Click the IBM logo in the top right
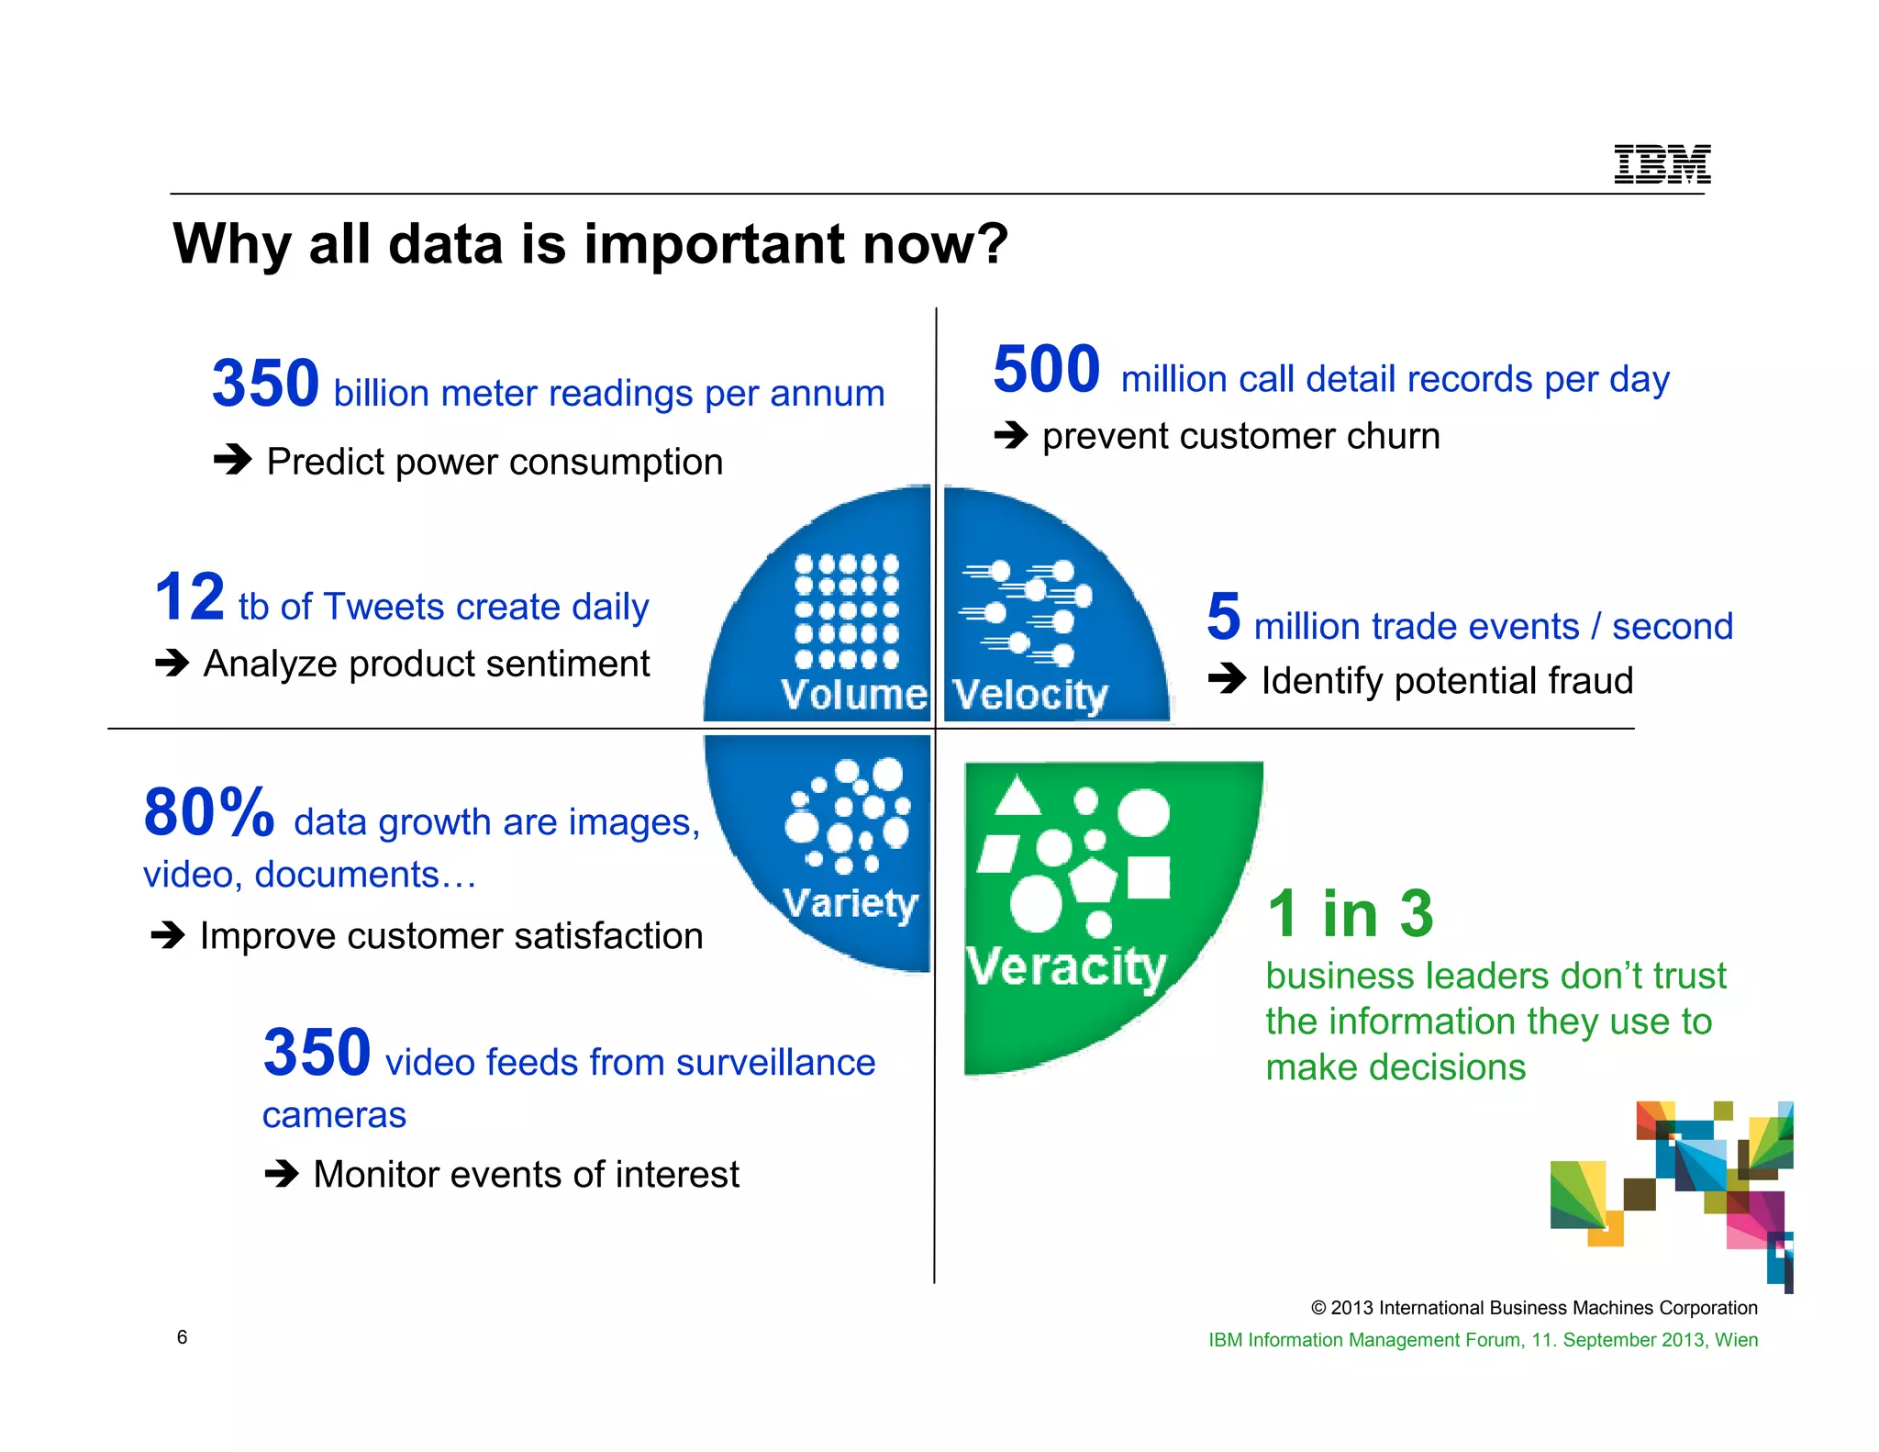click(x=1662, y=164)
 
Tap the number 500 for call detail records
click(x=1046, y=370)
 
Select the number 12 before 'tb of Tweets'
click(x=190, y=598)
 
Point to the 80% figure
click(x=209, y=813)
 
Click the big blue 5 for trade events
click(x=1224, y=617)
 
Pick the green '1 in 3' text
click(x=1350, y=914)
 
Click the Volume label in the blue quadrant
click(x=853, y=695)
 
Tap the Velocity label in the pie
click(x=1029, y=695)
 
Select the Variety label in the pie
click(x=851, y=903)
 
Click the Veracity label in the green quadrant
click(x=1065, y=966)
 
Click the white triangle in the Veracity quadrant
click(x=1017, y=798)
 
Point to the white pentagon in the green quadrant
click(x=1092, y=880)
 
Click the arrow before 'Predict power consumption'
click(x=232, y=459)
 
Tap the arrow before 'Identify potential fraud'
click(x=1227, y=679)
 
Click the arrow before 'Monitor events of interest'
click(x=282, y=1173)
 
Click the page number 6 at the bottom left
click(x=182, y=1337)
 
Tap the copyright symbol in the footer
click(x=1318, y=1308)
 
